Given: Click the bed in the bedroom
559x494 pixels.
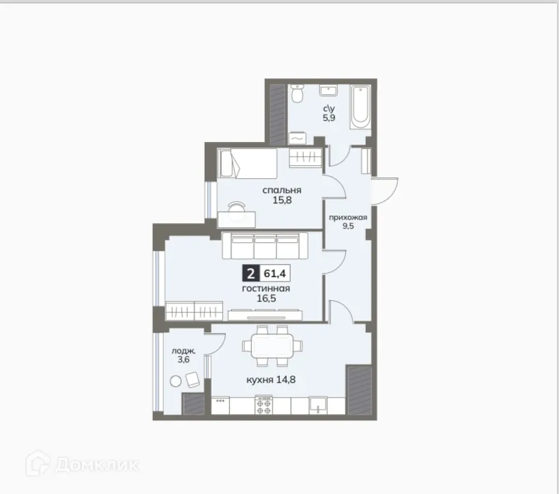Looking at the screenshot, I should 247,164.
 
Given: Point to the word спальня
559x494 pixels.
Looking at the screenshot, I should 283,190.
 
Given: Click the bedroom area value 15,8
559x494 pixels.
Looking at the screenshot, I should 283,201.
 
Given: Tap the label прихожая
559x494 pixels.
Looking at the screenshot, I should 348,218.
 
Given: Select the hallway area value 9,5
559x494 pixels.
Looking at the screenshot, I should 348,228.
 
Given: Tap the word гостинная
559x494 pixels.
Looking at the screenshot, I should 266,289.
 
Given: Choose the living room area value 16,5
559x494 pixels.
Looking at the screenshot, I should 266,299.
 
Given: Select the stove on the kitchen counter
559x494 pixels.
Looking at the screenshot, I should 264,406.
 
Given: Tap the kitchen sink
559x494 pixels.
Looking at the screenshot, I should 317,405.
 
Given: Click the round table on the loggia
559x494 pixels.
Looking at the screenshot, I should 176,381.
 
